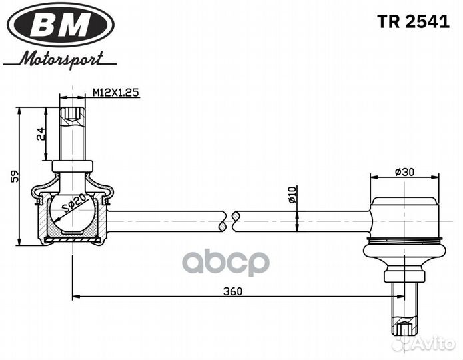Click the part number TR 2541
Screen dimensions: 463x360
coord(413,21)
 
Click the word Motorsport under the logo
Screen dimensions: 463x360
coord(61,59)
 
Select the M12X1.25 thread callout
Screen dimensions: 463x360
coord(116,93)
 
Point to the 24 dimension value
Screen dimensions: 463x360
coord(41,133)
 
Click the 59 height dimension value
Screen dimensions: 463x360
coord(14,177)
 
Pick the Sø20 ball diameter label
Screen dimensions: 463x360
coord(75,203)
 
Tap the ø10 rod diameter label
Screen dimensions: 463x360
coord(292,195)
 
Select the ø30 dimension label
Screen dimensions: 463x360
coord(404,172)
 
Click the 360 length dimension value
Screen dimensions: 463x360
coord(232,291)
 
